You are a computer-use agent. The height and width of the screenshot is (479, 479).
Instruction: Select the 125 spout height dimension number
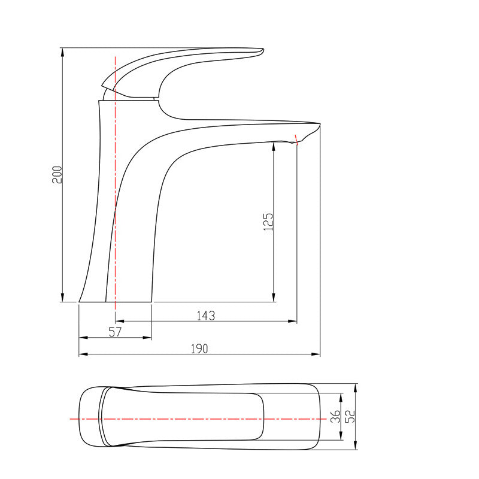point(268,222)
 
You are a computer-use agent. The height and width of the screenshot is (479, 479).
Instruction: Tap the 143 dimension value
point(205,315)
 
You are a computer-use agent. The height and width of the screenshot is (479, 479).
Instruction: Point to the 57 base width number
point(115,332)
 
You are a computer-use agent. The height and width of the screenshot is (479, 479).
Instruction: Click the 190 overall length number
point(199,348)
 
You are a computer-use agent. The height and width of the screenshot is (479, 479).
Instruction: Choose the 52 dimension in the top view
point(351,416)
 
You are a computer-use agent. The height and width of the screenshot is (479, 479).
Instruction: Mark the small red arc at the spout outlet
point(296,141)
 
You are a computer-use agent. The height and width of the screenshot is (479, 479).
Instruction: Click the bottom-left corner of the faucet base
point(80,302)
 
